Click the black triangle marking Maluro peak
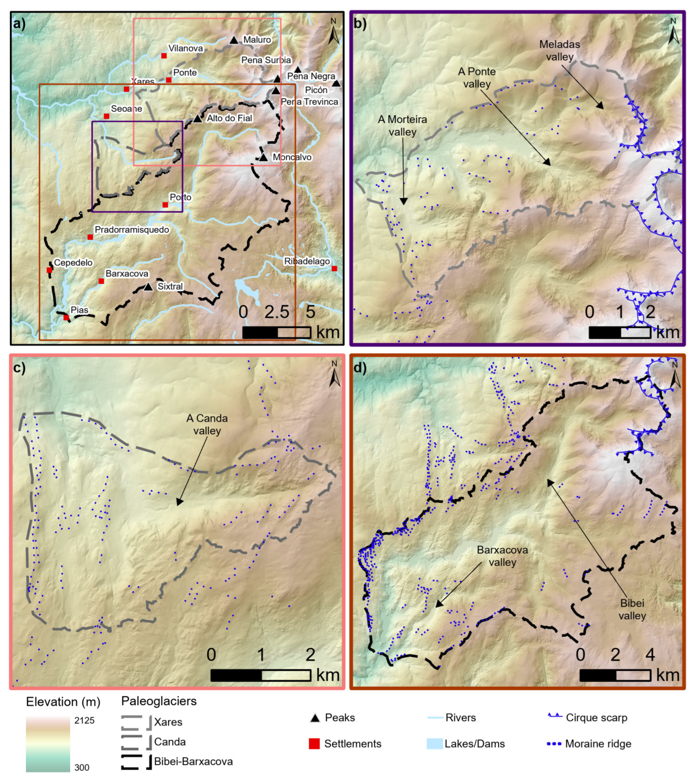click(x=234, y=40)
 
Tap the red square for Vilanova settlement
click(x=164, y=56)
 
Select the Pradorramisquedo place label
click(x=132, y=230)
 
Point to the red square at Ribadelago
click(x=334, y=269)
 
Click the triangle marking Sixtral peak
click(x=148, y=287)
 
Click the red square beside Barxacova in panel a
click(x=101, y=281)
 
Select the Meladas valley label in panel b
click(x=559, y=50)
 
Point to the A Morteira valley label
click(x=402, y=126)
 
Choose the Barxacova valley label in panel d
click(x=502, y=556)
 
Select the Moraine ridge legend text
click(x=598, y=743)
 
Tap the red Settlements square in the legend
click(x=314, y=743)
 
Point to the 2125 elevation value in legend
click(x=84, y=720)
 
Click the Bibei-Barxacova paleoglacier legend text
click(x=193, y=761)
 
